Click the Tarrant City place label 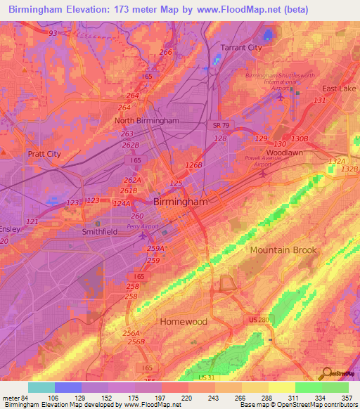[241, 47]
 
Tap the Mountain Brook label [283, 250]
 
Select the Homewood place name [184, 321]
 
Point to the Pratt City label [44, 154]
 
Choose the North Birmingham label [146, 120]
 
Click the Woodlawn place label [285, 152]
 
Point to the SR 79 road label [221, 124]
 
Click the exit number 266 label [166, 53]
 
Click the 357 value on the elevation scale [346, 397]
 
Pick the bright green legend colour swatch [308, 387]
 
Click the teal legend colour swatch [41, 387]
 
